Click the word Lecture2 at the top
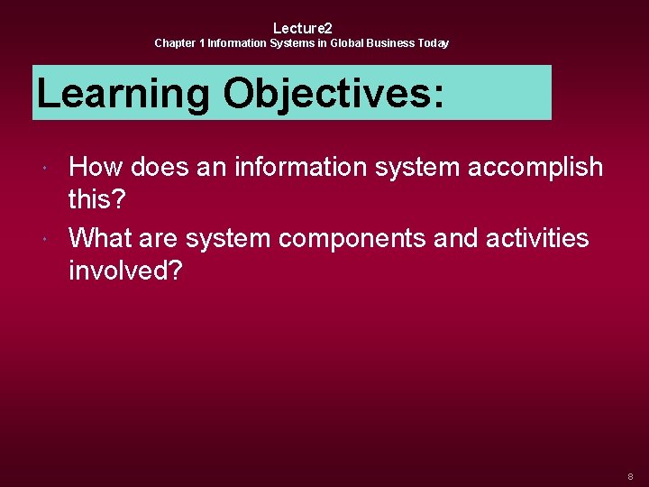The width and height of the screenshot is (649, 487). (302, 28)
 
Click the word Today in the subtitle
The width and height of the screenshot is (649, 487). (434, 43)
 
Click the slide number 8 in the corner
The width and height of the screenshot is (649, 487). (630, 475)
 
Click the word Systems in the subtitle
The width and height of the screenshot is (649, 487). (293, 43)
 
